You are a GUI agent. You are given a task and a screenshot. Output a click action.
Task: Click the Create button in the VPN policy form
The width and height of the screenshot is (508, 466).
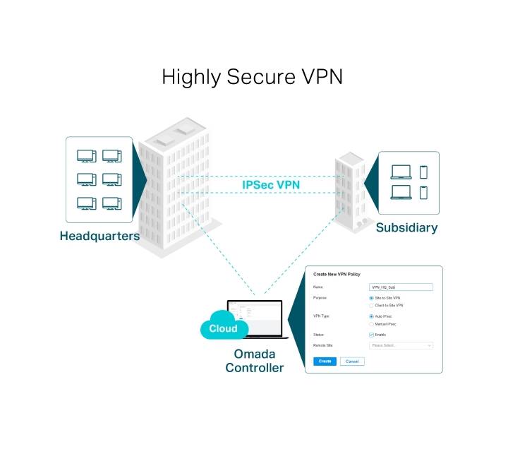(x=325, y=361)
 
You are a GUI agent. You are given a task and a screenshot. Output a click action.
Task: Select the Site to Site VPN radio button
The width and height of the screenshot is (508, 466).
(x=372, y=299)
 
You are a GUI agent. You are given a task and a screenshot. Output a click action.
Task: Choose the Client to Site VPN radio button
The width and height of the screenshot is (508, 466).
(x=372, y=305)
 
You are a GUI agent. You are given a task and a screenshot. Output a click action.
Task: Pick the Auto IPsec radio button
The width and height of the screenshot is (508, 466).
(x=372, y=316)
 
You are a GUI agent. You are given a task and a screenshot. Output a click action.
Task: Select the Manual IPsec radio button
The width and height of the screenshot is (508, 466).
(x=372, y=323)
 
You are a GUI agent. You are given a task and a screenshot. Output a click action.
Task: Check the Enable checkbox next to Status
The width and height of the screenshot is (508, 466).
(x=372, y=335)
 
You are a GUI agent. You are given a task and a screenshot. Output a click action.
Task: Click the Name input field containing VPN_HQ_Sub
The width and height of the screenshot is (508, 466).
(x=401, y=287)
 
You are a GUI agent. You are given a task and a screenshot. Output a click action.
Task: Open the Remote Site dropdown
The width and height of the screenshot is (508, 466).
(x=401, y=345)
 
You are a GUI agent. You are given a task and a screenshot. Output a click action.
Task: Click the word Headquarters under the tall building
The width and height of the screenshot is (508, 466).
(x=99, y=236)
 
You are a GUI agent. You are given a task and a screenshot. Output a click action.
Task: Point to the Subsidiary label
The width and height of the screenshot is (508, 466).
(x=406, y=227)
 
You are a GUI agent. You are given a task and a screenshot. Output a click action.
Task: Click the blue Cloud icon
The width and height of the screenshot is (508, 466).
(x=223, y=328)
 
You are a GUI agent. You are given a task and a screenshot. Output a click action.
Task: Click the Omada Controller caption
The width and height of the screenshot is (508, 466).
(x=254, y=362)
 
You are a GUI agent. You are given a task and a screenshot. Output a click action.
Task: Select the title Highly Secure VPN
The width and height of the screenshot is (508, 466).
(x=253, y=76)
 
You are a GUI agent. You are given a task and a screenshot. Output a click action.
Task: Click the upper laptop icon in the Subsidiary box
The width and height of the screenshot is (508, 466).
(x=401, y=172)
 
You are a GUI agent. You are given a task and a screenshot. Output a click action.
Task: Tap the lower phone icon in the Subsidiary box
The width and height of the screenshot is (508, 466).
(x=423, y=192)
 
